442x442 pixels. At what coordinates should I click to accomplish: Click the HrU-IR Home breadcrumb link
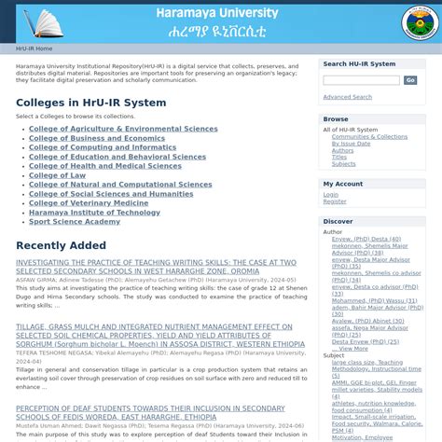coord(34,48)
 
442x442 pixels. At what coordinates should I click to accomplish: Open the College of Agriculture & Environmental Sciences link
coord(123,129)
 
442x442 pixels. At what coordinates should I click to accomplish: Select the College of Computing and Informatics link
coord(103,147)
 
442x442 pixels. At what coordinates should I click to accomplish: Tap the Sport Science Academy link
coord(75,222)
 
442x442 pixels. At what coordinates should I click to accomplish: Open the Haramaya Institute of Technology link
coord(94,213)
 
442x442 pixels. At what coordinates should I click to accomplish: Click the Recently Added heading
coord(61,245)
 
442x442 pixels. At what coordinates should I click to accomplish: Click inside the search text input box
coord(360,81)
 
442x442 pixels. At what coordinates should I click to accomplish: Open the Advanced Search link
coord(347,97)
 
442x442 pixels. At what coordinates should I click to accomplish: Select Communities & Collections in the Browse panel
coord(369,137)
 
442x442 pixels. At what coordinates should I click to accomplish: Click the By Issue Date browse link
coord(351,144)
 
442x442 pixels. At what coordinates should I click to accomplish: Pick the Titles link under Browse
coord(339,157)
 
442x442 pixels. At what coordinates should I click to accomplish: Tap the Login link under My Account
coord(331,195)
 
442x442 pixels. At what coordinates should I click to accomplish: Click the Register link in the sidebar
coord(335,201)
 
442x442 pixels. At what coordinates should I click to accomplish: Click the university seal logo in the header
coord(420,22)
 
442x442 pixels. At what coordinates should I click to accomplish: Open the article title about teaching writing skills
coord(156,267)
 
